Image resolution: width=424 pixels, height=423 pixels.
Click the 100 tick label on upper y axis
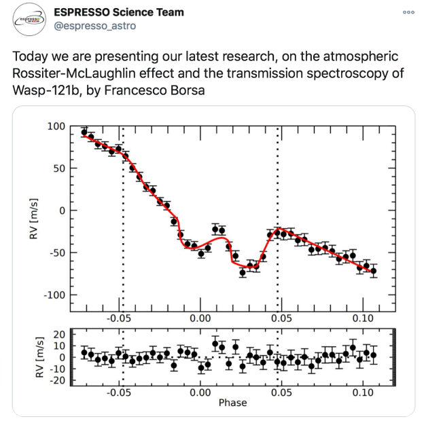tap(57, 126)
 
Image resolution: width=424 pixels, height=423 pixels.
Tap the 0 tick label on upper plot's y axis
tap(63, 210)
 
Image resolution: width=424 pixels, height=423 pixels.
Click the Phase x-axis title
tap(232, 403)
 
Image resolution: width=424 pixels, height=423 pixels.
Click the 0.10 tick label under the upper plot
tap(361, 317)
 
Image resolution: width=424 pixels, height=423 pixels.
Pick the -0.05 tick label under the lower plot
tap(120, 392)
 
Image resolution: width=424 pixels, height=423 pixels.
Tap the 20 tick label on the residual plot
tap(60, 334)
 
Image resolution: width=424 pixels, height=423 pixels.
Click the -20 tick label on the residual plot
tap(58, 380)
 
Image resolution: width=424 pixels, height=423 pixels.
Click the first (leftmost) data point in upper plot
tap(84, 132)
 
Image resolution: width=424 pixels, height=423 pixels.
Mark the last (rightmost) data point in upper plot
tap(373, 271)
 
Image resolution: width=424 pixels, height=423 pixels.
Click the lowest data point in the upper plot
tap(243, 272)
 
